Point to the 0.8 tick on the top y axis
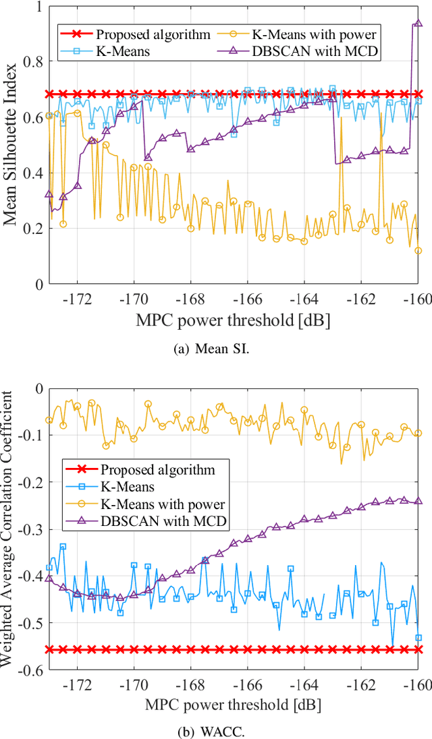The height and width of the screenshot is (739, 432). pos(30,61)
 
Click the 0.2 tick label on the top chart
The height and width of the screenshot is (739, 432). pos(30,229)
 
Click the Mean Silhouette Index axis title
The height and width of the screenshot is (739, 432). pos(11,146)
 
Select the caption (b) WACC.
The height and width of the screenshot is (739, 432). pos(216,730)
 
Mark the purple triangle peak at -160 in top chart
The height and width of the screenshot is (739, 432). pos(418,24)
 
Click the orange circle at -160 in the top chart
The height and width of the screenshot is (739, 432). pos(418,251)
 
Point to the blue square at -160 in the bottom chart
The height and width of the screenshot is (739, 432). pos(418,637)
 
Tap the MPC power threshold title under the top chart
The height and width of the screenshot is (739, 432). pos(234,320)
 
